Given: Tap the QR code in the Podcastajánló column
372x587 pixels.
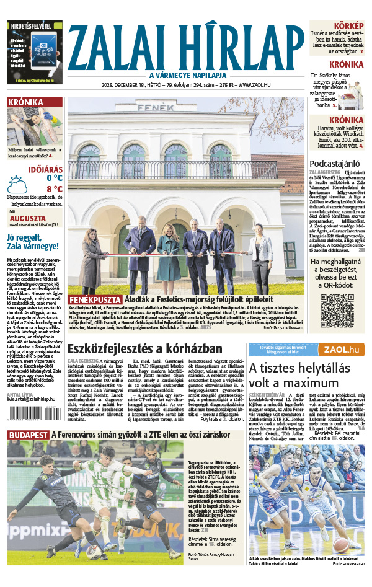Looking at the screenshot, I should click(x=337, y=310).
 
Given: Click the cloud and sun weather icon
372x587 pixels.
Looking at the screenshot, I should click(x=17, y=183).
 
